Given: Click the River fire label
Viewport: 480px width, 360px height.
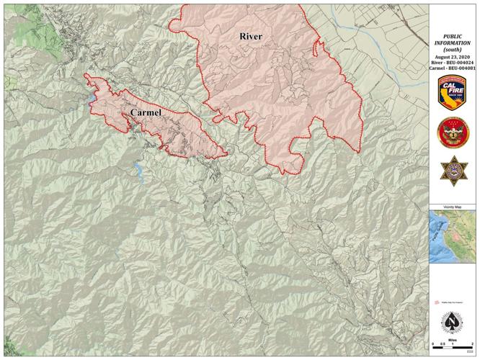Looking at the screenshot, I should [x=251, y=37].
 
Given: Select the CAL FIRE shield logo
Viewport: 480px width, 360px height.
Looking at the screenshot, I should [x=454, y=93].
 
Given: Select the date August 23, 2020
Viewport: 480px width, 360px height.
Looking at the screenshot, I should [x=454, y=55].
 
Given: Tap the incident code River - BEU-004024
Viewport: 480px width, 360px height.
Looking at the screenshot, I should [x=454, y=63].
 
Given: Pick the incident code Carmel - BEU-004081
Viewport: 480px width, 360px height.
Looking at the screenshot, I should [x=454, y=69].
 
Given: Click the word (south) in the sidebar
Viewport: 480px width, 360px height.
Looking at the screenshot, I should [x=454, y=48].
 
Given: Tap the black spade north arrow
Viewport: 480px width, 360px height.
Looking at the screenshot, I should [x=454, y=321].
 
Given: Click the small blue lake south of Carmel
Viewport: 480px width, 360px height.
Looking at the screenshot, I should [x=137, y=170].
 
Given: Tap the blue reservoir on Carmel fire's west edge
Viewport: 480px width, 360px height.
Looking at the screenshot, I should [x=92, y=96].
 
